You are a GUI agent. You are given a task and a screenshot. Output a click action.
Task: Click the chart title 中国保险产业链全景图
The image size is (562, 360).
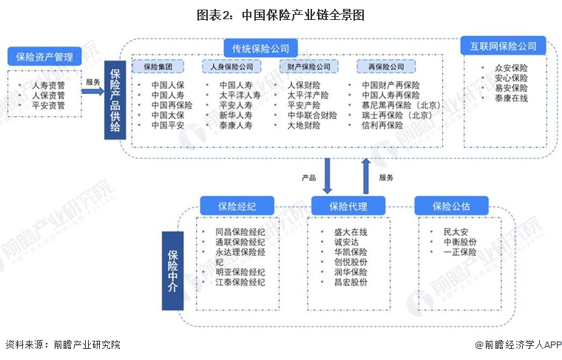click(280, 15)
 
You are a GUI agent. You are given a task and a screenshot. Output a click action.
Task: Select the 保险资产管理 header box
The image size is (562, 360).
click(44, 55)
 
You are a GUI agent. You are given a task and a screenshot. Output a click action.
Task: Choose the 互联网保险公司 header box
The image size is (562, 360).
click(503, 47)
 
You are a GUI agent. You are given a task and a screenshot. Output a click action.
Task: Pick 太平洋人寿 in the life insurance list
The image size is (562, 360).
click(240, 95)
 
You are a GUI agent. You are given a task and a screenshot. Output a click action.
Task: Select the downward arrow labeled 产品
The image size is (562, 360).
click(328, 177)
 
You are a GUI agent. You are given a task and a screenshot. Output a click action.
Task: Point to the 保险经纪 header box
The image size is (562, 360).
click(236, 206)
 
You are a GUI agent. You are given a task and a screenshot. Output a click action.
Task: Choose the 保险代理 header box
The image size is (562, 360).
click(348, 206)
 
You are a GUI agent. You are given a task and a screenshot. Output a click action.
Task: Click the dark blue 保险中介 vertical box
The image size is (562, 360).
click(172, 270)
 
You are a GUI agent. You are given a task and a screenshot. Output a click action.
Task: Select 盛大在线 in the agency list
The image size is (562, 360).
click(351, 232)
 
